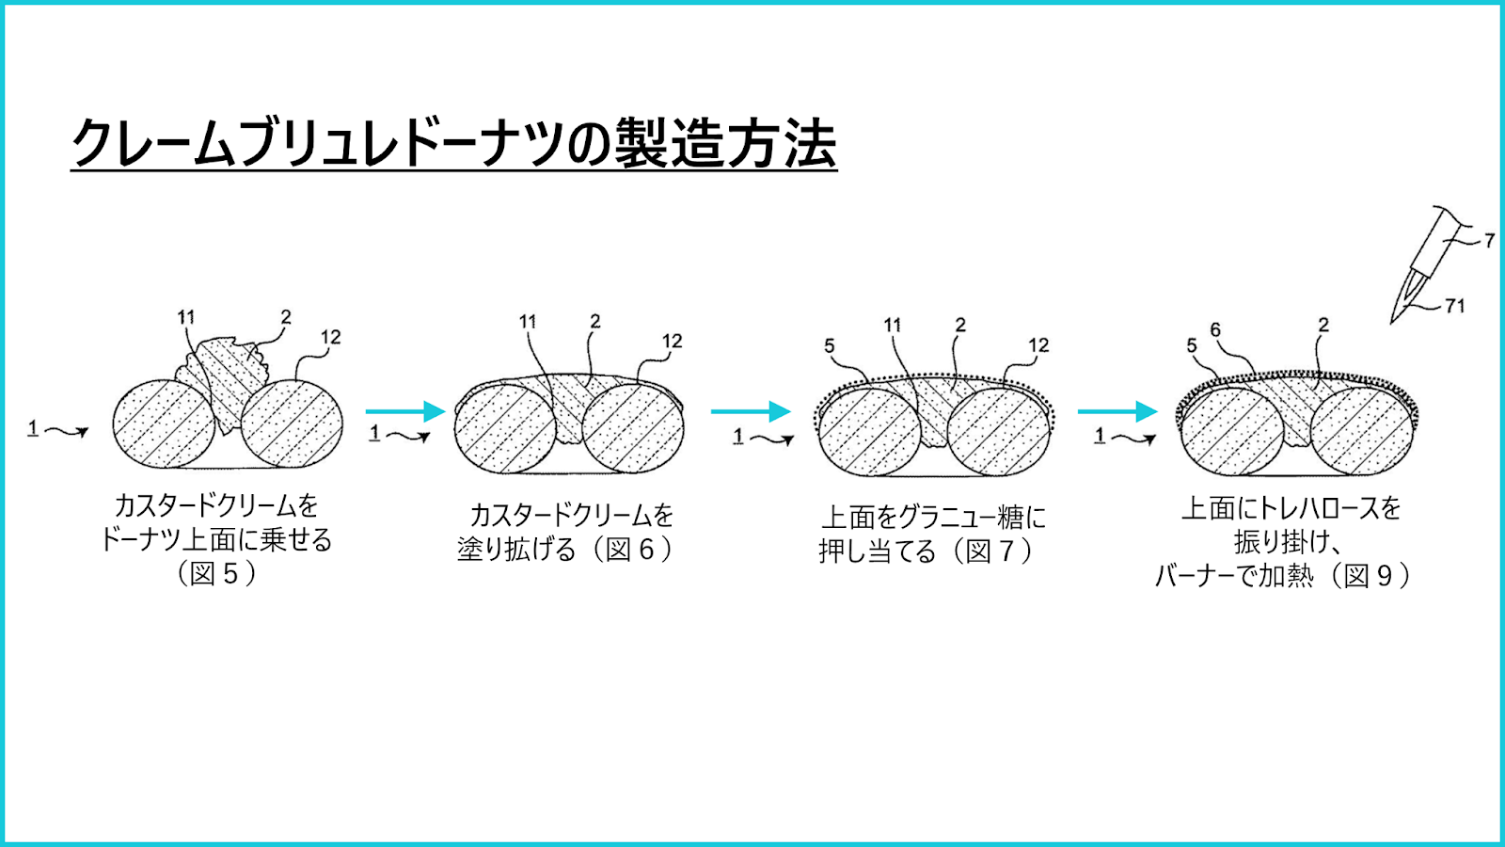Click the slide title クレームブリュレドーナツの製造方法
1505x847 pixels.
point(453,142)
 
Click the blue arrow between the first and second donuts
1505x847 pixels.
point(405,410)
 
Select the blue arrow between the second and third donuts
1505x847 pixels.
point(751,410)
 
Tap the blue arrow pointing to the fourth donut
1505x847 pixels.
point(1117,410)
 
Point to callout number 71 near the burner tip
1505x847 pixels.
point(1454,307)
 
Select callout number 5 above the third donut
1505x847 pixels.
point(830,346)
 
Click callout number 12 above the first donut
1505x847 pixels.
point(331,338)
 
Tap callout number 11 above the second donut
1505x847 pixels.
point(528,322)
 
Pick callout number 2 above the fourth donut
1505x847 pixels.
point(1323,326)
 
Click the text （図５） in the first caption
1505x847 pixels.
point(216,574)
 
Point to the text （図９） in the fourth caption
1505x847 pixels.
point(1369,576)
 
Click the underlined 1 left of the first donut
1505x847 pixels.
point(32,427)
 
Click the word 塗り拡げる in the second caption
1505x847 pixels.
point(516,550)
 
